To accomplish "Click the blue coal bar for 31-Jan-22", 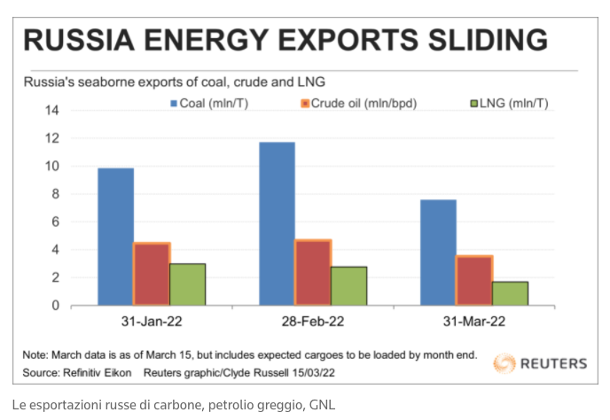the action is (115, 237).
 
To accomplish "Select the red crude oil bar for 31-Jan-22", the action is (152, 274).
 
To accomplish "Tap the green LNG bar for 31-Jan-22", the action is (187, 284).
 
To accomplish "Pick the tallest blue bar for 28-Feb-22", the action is (277, 224).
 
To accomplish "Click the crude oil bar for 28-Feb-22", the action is (313, 272).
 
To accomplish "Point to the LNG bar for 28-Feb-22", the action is (349, 286).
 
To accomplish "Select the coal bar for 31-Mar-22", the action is (438, 253).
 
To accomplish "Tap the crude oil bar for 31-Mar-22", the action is (474, 280).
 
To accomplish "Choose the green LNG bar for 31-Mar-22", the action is (511, 293).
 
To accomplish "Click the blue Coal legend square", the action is (174, 104).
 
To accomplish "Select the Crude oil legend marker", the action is (305, 104).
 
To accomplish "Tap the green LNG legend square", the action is (474, 104).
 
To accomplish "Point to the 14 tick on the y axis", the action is (52, 111).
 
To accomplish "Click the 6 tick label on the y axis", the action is (56, 222).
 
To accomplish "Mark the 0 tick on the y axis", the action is (56, 306).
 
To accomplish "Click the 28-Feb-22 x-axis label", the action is (313, 322).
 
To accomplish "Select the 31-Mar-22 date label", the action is (474, 322).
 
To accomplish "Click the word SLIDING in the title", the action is (488, 40).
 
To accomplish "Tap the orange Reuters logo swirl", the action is (504, 363).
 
